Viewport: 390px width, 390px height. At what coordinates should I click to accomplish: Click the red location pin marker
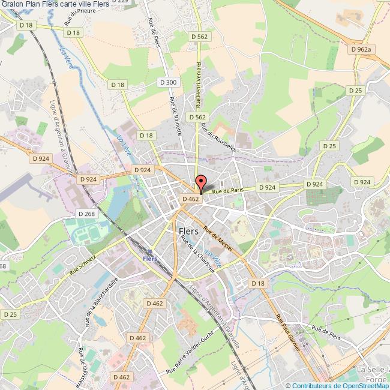(200, 182)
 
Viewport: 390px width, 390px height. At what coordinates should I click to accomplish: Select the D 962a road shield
(362, 49)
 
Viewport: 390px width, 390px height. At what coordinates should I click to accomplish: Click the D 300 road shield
(168, 82)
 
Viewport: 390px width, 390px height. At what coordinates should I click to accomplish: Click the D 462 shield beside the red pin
(190, 198)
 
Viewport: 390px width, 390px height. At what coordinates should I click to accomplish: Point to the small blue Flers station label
(150, 259)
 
